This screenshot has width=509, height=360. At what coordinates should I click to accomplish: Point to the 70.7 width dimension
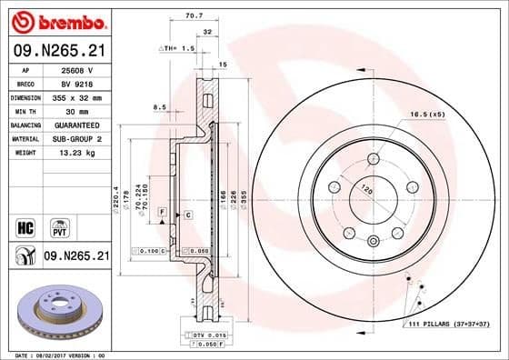tap(193, 15)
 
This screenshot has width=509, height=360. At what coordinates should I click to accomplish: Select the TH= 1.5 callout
tap(179, 46)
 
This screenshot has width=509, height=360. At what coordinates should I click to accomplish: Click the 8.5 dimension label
tap(159, 107)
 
